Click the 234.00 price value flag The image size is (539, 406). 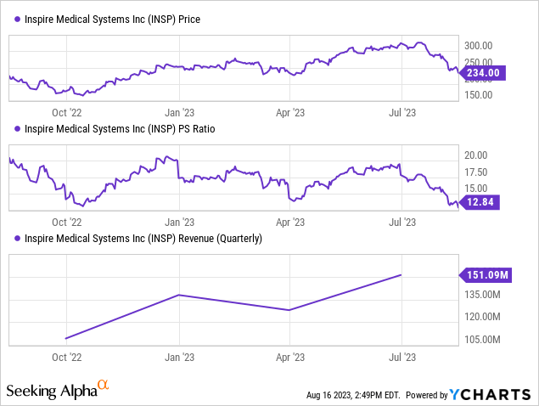[x=484, y=74]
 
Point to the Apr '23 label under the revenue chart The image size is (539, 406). [x=291, y=357]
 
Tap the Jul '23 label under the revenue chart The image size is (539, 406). [x=401, y=357]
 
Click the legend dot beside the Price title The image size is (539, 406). [x=11, y=19]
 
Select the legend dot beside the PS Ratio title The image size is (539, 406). [x=11, y=129]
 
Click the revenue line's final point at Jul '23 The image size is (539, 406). [x=401, y=274]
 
